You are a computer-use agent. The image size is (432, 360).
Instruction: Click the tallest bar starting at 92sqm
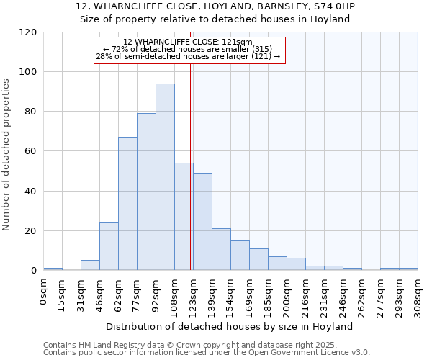pos(165,177)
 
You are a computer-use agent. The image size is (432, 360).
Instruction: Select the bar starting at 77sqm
pos(146,192)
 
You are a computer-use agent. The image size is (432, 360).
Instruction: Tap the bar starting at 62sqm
pos(127,204)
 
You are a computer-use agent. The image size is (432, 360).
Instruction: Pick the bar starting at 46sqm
pos(109,246)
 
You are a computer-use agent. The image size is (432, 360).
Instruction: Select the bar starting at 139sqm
pos(221,249)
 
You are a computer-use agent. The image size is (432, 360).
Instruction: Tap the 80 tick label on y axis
pos(31,112)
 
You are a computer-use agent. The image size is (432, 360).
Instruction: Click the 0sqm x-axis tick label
pos(43,292)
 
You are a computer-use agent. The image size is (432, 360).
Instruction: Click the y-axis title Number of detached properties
pos(7,155)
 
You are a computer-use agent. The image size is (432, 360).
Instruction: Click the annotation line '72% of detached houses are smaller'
pos(188,49)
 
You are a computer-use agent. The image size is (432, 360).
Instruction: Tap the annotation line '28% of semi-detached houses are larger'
pos(188,56)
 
